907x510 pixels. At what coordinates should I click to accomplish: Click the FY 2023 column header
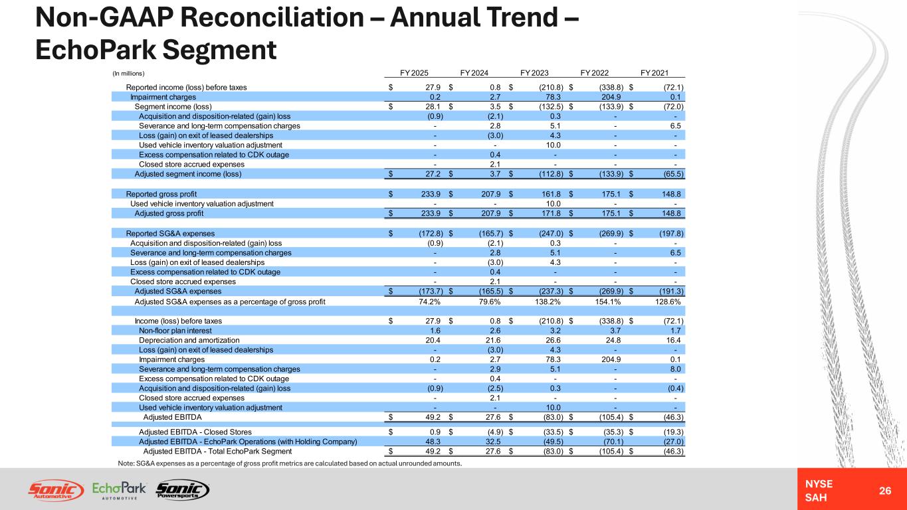click(534, 73)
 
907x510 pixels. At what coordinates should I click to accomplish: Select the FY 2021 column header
click(655, 73)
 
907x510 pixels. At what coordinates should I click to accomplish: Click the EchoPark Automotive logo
click(119, 490)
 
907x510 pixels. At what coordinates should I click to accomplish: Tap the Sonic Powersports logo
click(183, 489)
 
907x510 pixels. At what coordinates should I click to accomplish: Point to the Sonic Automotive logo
click(56, 490)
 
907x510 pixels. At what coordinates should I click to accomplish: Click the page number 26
click(884, 491)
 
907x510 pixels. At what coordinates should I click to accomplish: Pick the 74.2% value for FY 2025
click(429, 301)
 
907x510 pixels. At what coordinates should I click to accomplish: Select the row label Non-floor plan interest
click(175, 331)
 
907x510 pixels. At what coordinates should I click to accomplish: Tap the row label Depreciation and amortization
click(189, 341)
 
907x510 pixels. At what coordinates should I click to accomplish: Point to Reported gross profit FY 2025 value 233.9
click(431, 195)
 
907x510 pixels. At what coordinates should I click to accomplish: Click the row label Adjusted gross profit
click(169, 213)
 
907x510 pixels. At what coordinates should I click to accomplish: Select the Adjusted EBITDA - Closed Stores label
click(195, 432)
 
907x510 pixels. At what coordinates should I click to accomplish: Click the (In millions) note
click(128, 74)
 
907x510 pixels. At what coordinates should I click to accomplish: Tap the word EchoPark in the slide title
click(95, 50)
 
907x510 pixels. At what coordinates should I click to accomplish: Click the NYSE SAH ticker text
click(819, 491)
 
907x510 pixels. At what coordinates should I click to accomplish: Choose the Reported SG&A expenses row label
click(170, 234)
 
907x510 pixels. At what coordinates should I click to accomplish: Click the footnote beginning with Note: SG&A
click(290, 464)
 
